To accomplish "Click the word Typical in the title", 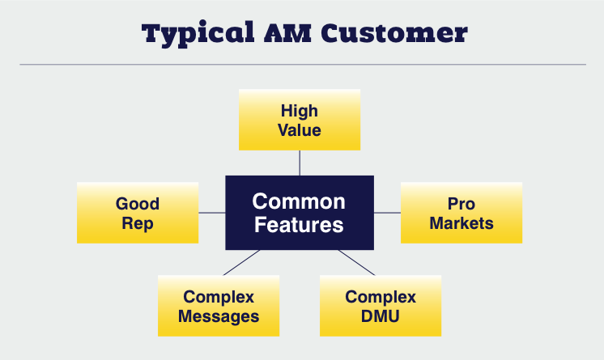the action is pyautogui.click(x=198, y=34).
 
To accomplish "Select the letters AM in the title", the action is pyautogui.click(x=287, y=32).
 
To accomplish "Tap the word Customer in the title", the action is pyautogui.click(x=394, y=32).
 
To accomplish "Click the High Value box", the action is pyautogui.click(x=300, y=120).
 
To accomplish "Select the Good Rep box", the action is pyautogui.click(x=138, y=213).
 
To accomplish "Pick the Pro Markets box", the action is pyautogui.click(x=462, y=213).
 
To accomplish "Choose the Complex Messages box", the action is pyautogui.click(x=219, y=306).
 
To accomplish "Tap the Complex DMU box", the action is pyautogui.click(x=381, y=306).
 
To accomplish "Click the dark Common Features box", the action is pyautogui.click(x=300, y=213).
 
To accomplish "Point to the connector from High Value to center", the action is pyautogui.click(x=300, y=163).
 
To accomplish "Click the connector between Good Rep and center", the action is pyautogui.click(x=212, y=213).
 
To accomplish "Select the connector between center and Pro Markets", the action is pyautogui.click(x=387, y=213).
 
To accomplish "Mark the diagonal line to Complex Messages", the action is pyautogui.click(x=241, y=263).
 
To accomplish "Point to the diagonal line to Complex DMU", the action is pyautogui.click(x=357, y=263).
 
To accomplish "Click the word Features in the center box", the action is pyautogui.click(x=299, y=224).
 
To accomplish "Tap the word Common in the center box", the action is pyautogui.click(x=299, y=201).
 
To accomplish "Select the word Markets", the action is pyautogui.click(x=462, y=223).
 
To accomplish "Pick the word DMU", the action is pyautogui.click(x=381, y=316).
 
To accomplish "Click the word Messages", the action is pyautogui.click(x=219, y=317).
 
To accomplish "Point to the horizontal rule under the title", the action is pyautogui.click(x=303, y=64).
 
